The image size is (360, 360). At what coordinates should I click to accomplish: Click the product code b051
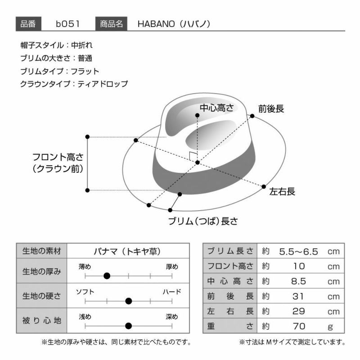point(68,24)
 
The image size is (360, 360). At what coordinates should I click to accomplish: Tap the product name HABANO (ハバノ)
point(174,24)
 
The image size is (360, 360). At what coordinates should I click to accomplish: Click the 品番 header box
point(28,24)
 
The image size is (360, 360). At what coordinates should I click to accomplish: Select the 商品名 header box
point(111,24)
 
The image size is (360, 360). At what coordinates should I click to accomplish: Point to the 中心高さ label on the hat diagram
point(216,108)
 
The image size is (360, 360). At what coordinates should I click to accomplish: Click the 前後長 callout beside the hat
point(271,108)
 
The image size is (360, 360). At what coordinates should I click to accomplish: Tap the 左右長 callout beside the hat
point(282,191)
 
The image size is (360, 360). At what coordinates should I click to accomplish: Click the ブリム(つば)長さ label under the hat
point(203,221)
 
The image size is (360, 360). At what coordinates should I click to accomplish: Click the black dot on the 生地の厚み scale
point(107,276)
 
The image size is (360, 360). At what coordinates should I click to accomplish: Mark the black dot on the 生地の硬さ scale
point(129,301)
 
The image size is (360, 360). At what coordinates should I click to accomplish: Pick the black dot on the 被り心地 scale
point(129,325)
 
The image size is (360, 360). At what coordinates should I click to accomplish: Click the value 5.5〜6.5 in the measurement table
point(298,252)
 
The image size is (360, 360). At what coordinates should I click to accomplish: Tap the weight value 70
point(299,326)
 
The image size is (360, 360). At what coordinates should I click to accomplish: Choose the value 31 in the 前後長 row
point(298,297)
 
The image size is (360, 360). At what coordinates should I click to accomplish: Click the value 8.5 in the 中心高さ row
point(299,282)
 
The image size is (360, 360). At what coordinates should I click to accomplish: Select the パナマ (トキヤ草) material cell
point(127,252)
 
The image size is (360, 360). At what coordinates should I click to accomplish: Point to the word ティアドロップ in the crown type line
point(103,84)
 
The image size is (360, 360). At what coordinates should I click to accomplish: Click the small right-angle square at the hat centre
point(193,156)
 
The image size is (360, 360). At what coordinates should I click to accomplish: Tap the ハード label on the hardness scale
point(172,292)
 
